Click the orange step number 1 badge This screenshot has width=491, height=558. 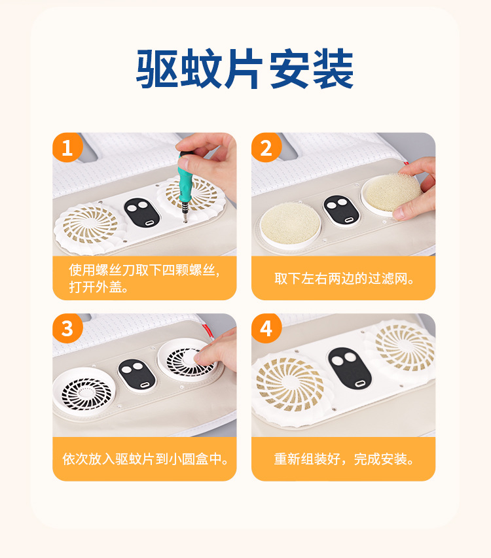(x=67, y=147)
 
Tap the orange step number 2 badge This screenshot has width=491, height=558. (x=266, y=147)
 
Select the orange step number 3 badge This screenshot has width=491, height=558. (x=67, y=328)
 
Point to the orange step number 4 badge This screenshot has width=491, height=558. (x=266, y=328)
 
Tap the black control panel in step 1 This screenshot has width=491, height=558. (x=142, y=213)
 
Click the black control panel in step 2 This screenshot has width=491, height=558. (x=341, y=211)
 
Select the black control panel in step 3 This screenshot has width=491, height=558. (x=137, y=375)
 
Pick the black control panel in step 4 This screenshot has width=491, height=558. (x=350, y=368)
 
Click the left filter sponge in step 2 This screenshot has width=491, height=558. (x=290, y=224)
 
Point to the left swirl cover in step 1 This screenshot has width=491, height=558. (x=90, y=226)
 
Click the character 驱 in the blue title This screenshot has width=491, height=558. (x=157, y=69)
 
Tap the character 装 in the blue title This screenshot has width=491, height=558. (x=333, y=69)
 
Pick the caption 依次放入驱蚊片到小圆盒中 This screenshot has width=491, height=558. (x=145, y=459)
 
